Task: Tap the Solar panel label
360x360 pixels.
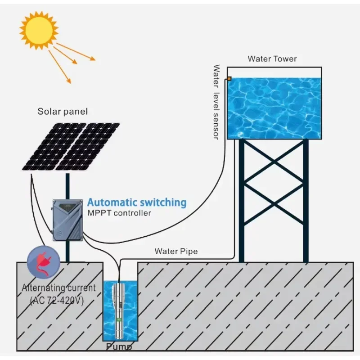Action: (63, 111)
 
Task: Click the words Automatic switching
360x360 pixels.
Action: (136, 202)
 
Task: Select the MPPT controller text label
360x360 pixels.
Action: (119, 213)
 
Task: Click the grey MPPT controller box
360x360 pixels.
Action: (68, 220)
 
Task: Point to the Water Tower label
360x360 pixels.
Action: (272, 59)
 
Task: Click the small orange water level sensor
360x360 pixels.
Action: (229, 79)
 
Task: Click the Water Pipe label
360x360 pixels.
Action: (176, 251)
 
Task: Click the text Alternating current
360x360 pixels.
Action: (59, 288)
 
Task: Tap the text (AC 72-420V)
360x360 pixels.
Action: (57, 301)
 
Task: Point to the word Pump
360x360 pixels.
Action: (119, 347)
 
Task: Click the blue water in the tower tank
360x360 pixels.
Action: (274, 108)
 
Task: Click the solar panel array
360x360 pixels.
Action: (71, 146)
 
